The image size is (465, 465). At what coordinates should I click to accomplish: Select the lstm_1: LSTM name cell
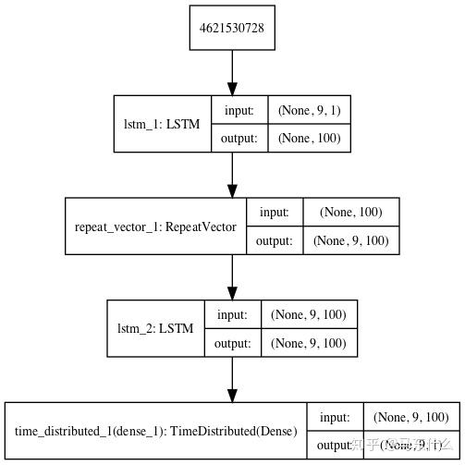tap(163, 124)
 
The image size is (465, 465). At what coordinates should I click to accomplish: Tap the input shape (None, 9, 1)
tap(308, 109)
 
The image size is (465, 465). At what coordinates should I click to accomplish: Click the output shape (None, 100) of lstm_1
tap(308, 139)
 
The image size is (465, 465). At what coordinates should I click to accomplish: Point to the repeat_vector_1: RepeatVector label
tap(155, 226)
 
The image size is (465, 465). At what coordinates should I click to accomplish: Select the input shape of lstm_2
tap(308, 314)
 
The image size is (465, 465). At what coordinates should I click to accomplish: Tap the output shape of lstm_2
tap(308, 343)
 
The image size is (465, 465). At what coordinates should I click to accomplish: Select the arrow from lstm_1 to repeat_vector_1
tap(231, 175)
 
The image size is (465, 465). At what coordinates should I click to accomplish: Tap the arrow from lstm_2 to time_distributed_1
tap(231, 379)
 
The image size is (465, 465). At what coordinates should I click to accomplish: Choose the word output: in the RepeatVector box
tap(274, 240)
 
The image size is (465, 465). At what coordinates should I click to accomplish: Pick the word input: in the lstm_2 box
tap(232, 314)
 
